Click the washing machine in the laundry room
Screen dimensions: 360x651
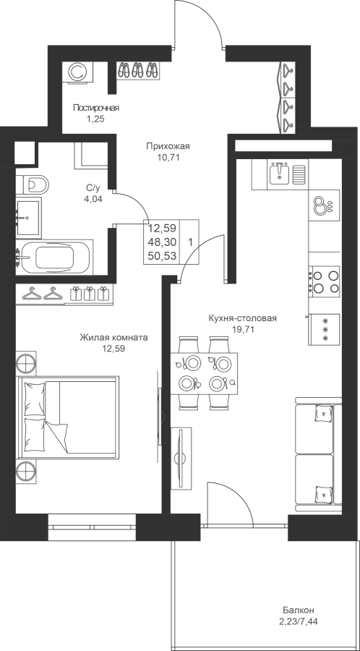[x=77, y=72]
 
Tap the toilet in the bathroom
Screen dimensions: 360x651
[x=33, y=184]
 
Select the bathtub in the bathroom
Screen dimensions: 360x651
[x=54, y=258]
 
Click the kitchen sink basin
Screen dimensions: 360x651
[x=279, y=173]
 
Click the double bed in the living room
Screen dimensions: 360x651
[x=68, y=417]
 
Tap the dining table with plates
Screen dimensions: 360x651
[x=204, y=373]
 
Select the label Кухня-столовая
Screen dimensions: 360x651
[x=243, y=318]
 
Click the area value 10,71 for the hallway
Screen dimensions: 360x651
[x=168, y=158]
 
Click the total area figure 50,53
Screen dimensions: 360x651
[x=162, y=255]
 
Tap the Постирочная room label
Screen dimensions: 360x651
[x=96, y=109]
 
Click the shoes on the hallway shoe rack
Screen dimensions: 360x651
[x=137, y=69]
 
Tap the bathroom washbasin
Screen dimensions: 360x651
[x=29, y=216]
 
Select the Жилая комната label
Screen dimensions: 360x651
[x=113, y=338]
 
